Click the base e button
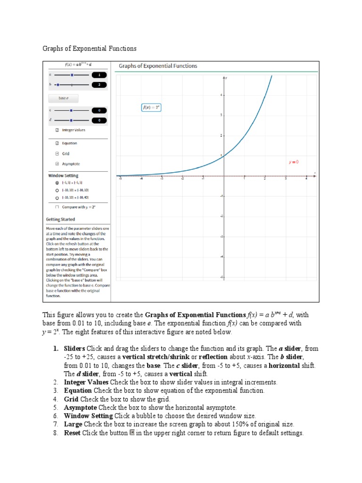coord(63,98)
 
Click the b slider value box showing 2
coord(99,85)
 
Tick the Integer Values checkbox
coord(57,130)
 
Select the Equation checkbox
coord(57,143)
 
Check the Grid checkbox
coord(57,153)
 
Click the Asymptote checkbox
coord(57,164)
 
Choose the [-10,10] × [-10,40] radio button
coord(57,198)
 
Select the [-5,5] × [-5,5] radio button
coord(57,183)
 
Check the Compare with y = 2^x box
coord(57,207)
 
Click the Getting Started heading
coord(60,219)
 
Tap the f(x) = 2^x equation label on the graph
coord(151,108)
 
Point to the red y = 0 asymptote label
coord(293,162)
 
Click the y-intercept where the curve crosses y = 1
coord(224,156)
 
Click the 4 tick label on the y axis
coord(220,95)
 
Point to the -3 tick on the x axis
coord(162,179)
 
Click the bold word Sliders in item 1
coord(74,349)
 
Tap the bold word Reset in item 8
coord(72,433)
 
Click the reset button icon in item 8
coord(132,433)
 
